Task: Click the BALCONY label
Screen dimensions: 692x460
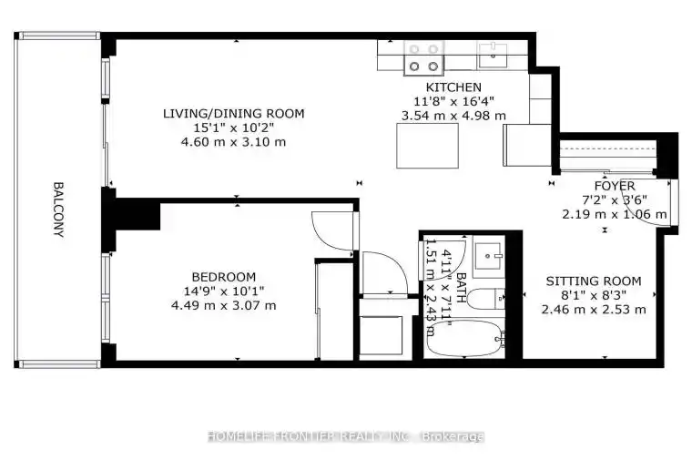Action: coord(58,210)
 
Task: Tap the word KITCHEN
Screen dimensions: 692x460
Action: coord(453,87)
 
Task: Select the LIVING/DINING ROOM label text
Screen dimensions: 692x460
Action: coord(233,114)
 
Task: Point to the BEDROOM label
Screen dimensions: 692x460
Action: coord(224,277)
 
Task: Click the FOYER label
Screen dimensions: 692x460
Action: coord(615,186)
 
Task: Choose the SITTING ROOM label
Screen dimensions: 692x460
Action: coord(594,281)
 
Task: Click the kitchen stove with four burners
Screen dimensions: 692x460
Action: coord(424,57)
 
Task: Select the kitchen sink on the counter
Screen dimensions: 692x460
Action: coord(493,56)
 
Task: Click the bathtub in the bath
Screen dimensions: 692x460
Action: coord(466,339)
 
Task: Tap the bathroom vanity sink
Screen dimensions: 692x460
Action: coord(488,256)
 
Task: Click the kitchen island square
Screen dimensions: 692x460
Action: coord(427,146)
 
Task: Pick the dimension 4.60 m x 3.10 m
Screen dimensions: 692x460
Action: coord(233,142)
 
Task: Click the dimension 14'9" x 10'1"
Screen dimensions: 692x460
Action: coord(224,291)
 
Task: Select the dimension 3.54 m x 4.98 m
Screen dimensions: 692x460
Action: coord(453,116)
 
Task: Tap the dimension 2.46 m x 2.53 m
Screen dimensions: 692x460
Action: coord(594,310)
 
